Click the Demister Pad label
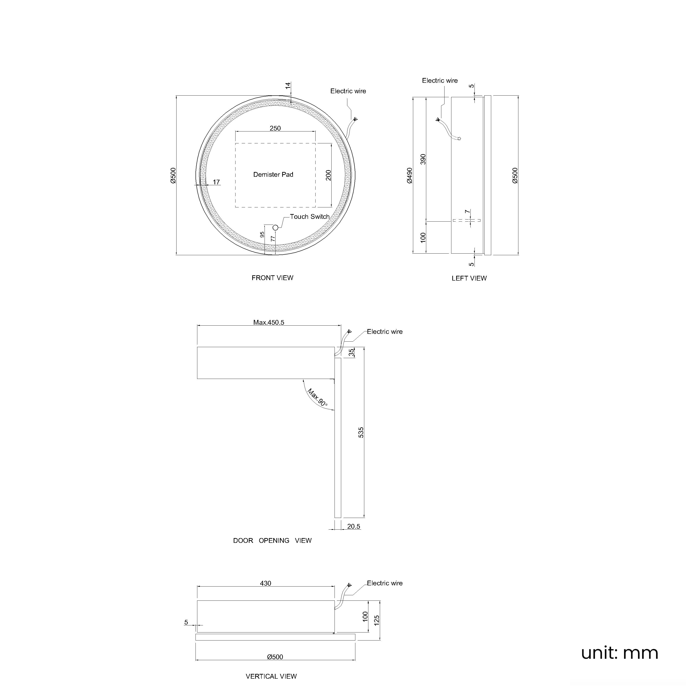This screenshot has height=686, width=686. [273, 175]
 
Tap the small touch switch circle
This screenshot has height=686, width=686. [275, 228]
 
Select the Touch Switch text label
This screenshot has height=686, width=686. [310, 217]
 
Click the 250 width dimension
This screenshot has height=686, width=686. [275, 128]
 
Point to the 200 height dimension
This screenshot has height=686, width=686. [328, 175]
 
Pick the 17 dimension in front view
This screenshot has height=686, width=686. [216, 182]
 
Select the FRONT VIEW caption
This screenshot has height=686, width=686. [272, 278]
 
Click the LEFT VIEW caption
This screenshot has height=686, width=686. [469, 278]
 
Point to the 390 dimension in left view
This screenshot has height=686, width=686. [423, 159]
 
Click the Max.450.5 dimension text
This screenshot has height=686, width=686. [269, 322]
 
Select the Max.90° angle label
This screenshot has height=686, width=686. [317, 397]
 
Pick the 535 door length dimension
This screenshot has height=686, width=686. [361, 432]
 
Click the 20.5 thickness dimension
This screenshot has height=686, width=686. [354, 527]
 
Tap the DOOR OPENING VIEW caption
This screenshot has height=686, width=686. [272, 540]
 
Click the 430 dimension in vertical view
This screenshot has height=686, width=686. [265, 583]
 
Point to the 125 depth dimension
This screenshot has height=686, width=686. [377, 620]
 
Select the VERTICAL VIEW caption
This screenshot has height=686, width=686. [271, 676]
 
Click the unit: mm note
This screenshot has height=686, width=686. [620, 653]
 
